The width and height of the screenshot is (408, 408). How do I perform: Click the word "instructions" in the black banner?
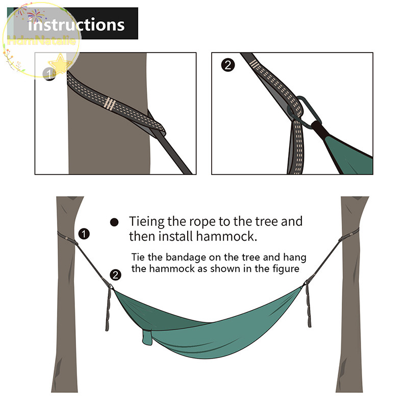click(x=76, y=24)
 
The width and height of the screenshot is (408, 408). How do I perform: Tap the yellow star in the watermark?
click(x=60, y=63)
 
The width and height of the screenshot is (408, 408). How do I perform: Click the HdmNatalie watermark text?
click(x=42, y=41)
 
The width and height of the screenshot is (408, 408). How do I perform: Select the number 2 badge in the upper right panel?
click(x=228, y=65)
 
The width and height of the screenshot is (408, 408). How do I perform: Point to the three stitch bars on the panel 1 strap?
click(x=109, y=103)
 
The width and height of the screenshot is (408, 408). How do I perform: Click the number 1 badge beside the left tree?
click(x=84, y=234)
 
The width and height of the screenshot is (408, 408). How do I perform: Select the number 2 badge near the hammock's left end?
click(x=116, y=275)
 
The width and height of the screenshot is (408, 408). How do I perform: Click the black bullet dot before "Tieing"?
click(x=114, y=222)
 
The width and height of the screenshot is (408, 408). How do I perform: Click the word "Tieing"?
click(x=147, y=222)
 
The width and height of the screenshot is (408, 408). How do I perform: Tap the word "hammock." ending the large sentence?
click(x=226, y=237)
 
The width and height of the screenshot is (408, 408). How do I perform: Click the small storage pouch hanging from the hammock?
click(x=147, y=337)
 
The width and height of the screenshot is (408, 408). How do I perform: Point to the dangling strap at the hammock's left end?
click(x=108, y=309)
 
